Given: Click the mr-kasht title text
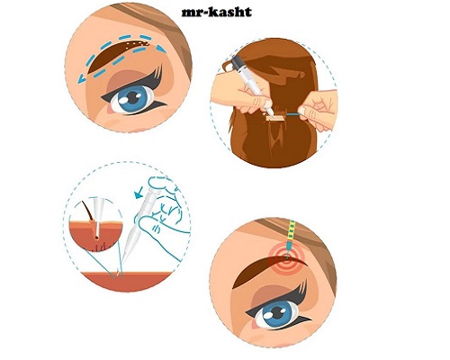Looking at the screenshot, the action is [x=217, y=13].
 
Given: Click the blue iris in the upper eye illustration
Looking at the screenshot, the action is [x=132, y=99].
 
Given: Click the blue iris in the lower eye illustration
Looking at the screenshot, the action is [x=277, y=312].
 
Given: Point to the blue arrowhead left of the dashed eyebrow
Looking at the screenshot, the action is [x=81, y=79].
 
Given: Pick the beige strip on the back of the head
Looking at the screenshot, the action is [x=275, y=118].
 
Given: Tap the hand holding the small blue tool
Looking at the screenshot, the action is [x=319, y=111].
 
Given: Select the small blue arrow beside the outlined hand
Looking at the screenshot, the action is [x=139, y=193].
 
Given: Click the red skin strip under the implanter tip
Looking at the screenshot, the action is [x=128, y=281].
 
